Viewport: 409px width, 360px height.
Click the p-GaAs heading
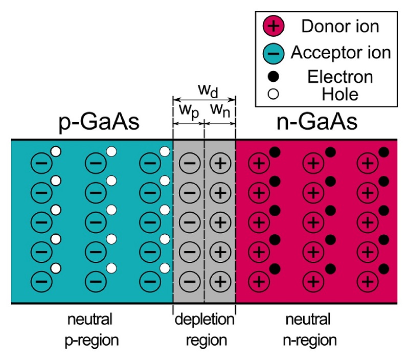click(99, 123)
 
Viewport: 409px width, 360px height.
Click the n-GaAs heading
click(316, 122)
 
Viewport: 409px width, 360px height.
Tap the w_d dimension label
click(208, 91)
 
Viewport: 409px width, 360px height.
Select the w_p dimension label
click(189, 111)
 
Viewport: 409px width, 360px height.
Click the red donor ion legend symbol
click(274, 26)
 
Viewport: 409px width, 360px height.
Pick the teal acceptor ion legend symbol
click(274, 53)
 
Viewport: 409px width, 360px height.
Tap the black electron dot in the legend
click(274, 76)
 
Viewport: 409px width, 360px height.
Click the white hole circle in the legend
click(274, 94)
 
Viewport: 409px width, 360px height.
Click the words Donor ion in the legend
click(340, 27)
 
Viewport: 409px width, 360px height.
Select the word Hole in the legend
click(340, 94)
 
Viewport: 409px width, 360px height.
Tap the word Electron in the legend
click(340, 77)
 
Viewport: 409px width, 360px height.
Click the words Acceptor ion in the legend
click(340, 53)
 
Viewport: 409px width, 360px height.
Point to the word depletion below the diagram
click(204, 319)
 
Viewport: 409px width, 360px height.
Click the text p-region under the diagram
click(92, 341)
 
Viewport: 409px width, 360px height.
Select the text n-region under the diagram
click(310, 341)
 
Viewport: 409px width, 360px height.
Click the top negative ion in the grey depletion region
click(190, 163)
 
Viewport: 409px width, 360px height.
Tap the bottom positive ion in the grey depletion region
click(220, 281)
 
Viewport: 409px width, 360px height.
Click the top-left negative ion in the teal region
click(42, 163)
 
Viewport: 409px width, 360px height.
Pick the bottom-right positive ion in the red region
click(368, 281)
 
